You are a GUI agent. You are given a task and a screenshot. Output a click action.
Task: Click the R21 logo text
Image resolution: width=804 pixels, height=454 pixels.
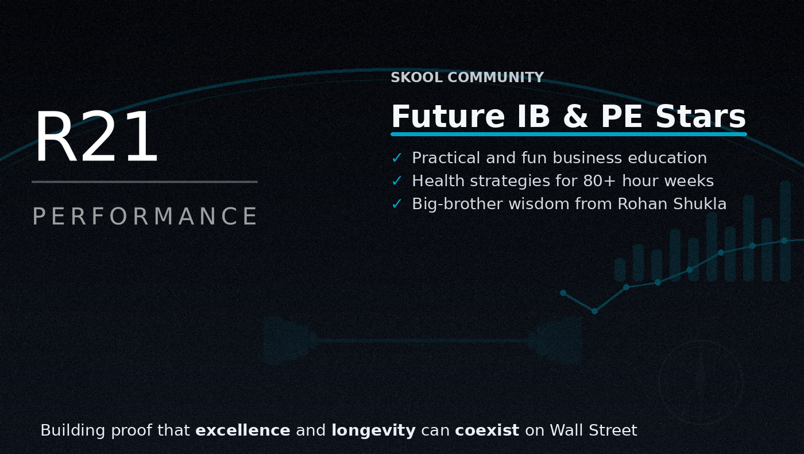(96, 137)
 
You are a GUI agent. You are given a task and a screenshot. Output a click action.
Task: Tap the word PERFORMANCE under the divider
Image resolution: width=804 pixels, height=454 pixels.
(145, 216)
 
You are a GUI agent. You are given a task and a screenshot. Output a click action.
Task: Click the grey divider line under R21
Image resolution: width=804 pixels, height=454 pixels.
(145, 182)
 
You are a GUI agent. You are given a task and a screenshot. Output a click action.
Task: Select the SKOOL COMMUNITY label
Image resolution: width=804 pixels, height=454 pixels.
(467, 77)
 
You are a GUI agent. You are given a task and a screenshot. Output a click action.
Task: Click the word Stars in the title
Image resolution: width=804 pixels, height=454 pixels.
(701, 116)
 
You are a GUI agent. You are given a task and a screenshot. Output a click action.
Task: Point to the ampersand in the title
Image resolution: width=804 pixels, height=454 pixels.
(575, 116)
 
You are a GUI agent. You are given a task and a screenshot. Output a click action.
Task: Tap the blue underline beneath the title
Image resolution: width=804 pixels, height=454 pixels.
(569, 134)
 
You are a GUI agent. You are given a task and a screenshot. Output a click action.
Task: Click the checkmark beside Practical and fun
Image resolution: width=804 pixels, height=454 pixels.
(397, 157)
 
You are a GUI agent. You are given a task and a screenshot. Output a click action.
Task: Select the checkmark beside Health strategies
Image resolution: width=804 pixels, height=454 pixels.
(397, 180)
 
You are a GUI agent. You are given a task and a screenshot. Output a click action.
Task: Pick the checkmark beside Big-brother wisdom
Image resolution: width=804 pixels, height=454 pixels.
(397, 203)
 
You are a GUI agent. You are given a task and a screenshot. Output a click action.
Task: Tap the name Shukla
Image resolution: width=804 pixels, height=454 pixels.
(700, 203)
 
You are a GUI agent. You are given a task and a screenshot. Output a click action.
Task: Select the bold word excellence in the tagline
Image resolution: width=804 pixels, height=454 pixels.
(242, 430)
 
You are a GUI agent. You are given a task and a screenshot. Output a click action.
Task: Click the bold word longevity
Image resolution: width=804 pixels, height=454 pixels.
(374, 431)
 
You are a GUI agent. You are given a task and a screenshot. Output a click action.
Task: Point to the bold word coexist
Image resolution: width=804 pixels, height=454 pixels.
(487, 430)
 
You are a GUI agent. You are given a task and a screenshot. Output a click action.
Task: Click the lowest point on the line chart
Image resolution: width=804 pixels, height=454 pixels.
(594, 311)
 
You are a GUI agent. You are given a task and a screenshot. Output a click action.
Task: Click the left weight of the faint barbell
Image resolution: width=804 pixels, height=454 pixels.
(287, 340)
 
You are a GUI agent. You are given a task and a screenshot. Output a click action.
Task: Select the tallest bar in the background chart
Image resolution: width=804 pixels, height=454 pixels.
(786, 230)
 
